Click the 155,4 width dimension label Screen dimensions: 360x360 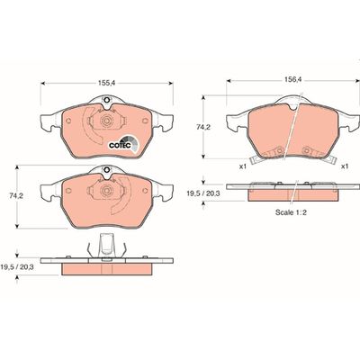tap(107, 84)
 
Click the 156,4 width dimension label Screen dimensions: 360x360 tap(292, 80)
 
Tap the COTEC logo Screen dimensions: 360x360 tap(123, 144)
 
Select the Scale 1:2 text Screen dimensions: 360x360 tap(291, 212)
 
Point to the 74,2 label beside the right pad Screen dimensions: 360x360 tap(203, 127)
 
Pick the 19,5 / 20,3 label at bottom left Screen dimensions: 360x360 tap(17, 266)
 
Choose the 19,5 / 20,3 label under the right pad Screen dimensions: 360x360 tap(203, 193)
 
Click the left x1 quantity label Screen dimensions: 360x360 tap(242, 166)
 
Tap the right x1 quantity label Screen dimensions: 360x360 tap(345, 166)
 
